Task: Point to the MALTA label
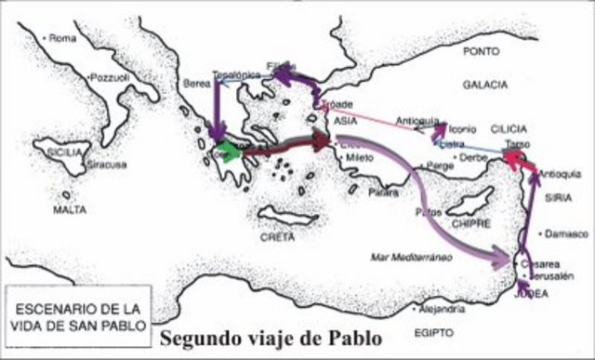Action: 69,210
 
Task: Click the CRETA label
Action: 277,237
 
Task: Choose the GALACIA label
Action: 484,85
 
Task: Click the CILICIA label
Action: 508,127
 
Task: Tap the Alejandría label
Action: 442,308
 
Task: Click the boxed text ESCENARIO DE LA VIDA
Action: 67,313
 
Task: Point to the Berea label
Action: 198,83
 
